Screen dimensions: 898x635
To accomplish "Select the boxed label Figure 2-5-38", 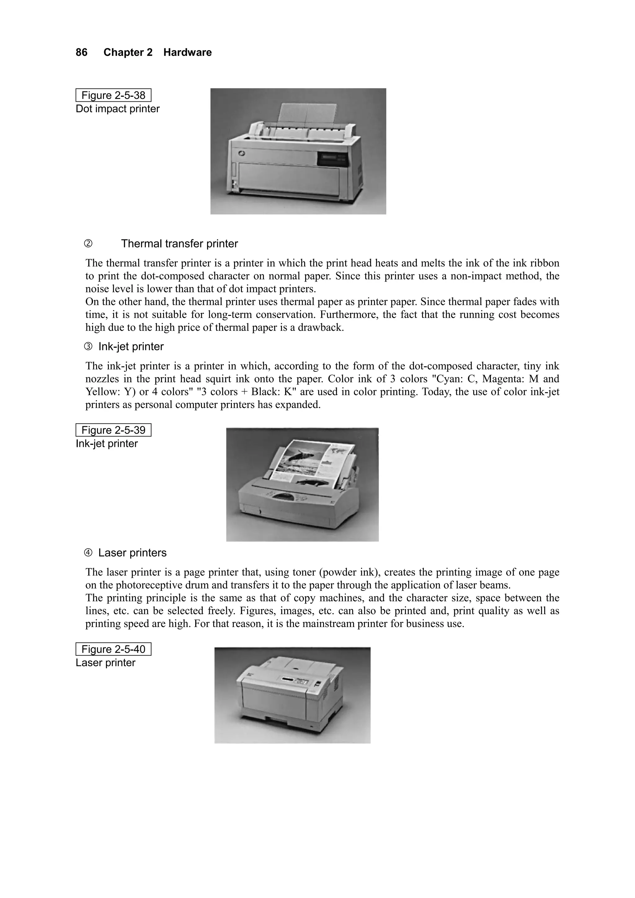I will (113, 95).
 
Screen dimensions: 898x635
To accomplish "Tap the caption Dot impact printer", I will (118, 109).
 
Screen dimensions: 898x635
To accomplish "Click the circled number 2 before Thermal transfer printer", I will (88, 244).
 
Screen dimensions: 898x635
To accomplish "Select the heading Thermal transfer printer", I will (179, 244).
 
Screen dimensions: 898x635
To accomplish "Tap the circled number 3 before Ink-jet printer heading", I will (88, 347).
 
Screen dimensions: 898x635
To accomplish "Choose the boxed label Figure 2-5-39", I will (113, 430).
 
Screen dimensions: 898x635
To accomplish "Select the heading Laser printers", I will (132, 553).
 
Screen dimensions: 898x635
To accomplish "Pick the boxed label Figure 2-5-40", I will (113, 649).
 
